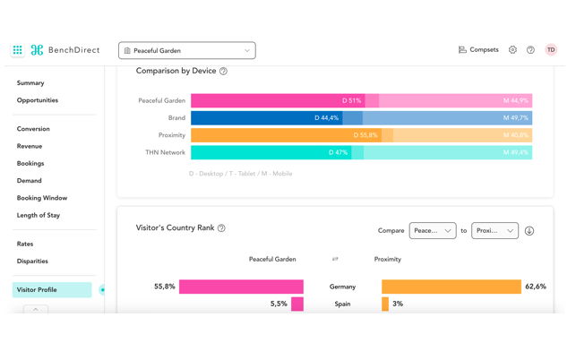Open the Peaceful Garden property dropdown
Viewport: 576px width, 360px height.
pyautogui.click(x=186, y=50)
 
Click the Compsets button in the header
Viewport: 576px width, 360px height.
pyautogui.click(x=478, y=50)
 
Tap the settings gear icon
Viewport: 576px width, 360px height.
pyautogui.click(x=513, y=50)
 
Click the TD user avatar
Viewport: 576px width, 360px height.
pyautogui.click(x=551, y=50)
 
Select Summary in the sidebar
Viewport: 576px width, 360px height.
pyautogui.click(x=30, y=83)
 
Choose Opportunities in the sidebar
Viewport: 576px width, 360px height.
pyautogui.click(x=38, y=100)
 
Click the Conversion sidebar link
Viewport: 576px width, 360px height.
pyautogui.click(x=33, y=129)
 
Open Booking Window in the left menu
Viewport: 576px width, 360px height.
pyautogui.click(x=42, y=198)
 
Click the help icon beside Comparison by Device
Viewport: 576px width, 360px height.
pyautogui.click(x=223, y=71)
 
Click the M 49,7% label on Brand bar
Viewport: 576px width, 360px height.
pyautogui.click(x=516, y=117)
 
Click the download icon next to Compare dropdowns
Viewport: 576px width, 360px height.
pyautogui.click(x=529, y=230)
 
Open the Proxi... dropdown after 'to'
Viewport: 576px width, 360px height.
pyautogui.click(x=495, y=230)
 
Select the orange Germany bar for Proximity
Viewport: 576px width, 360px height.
pyautogui.click(x=451, y=287)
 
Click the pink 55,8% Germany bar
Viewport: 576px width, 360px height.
pyautogui.click(x=241, y=287)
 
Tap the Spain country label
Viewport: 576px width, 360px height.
pyautogui.click(x=342, y=304)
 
